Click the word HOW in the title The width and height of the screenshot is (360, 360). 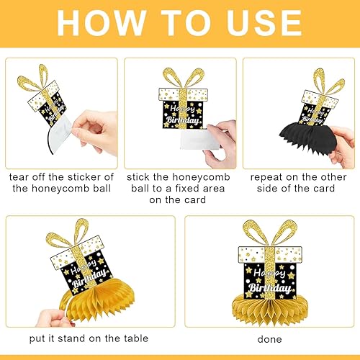point(102,23)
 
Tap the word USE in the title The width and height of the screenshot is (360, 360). point(264,23)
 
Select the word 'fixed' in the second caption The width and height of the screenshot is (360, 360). point(187,189)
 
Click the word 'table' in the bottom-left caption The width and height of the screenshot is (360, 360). point(136,338)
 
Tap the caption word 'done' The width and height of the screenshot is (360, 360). point(269,339)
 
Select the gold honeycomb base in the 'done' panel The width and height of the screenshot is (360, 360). point(269,309)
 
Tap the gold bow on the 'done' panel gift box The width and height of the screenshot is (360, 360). point(270,233)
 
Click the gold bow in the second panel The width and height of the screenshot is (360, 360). point(184,78)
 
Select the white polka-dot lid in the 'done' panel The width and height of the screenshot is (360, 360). point(270,254)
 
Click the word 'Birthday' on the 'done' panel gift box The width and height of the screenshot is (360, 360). point(269,287)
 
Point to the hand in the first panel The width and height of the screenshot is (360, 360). point(95,132)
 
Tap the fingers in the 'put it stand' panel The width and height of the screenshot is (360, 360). point(54,318)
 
